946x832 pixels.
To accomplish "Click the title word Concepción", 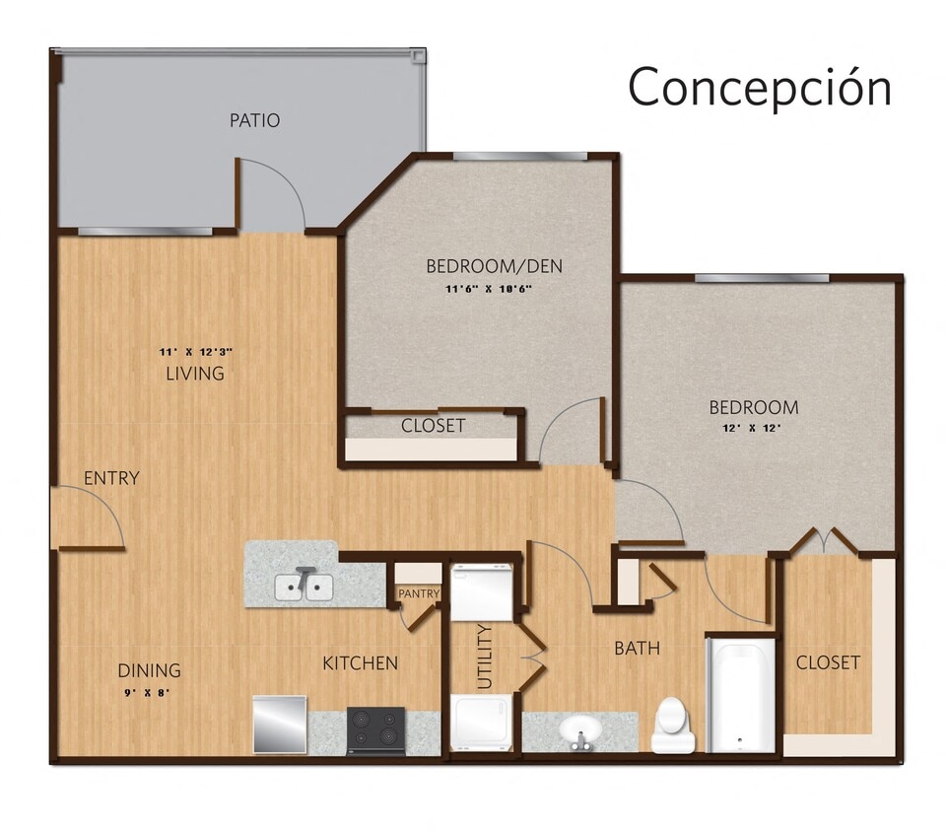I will (760, 87).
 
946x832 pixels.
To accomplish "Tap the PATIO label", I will (254, 120).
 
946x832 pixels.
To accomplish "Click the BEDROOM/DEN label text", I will (494, 265).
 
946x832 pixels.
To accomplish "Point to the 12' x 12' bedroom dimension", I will (753, 428).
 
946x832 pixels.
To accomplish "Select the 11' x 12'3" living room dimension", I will (195, 351).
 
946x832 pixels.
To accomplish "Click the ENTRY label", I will (111, 478).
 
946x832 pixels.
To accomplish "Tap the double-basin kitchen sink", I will (304, 587).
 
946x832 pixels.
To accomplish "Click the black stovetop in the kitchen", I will (376, 729).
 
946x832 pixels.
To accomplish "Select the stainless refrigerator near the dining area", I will (280, 725).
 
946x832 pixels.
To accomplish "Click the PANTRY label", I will (418, 593).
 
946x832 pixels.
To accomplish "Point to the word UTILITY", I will (484, 656).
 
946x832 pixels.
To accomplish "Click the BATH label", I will (637, 648).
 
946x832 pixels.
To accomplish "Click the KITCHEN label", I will (360, 662).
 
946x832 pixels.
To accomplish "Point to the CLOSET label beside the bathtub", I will (828, 661).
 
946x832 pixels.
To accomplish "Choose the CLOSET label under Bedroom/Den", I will (433, 426).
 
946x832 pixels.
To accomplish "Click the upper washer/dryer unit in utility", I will (482, 591).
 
